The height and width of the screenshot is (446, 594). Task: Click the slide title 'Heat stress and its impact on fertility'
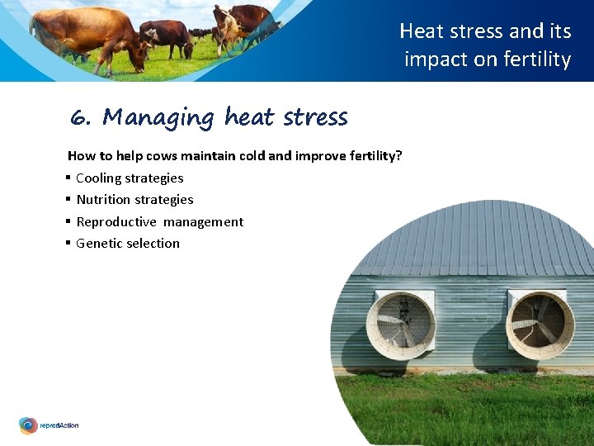pyautogui.click(x=486, y=45)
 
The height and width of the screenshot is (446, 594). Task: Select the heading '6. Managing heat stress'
pyautogui.click(x=209, y=118)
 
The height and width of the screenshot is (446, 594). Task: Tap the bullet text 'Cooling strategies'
pyautogui.click(x=130, y=178)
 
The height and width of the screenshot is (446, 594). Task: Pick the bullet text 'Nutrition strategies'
pyautogui.click(x=134, y=200)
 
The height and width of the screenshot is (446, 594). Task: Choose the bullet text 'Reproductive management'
pyautogui.click(x=159, y=221)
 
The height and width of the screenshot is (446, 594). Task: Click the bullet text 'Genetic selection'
pyautogui.click(x=128, y=244)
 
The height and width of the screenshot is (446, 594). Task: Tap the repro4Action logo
pyautogui.click(x=49, y=425)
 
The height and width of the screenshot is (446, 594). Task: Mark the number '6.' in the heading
pyautogui.click(x=80, y=118)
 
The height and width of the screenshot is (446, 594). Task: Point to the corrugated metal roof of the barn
pyautogui.click(x=478, y=240)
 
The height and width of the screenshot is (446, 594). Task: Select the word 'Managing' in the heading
pyautogui.click(x=158, y=118)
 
